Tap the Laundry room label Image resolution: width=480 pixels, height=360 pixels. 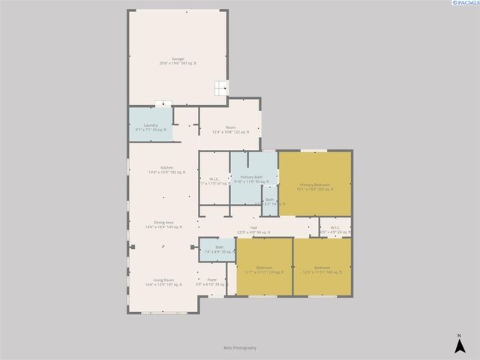tap(151, 127)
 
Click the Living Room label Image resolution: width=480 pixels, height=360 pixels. tap(163, 282)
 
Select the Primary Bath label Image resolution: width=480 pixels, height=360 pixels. tap(251, 178)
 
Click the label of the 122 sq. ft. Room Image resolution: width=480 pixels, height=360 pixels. tap(230, 129)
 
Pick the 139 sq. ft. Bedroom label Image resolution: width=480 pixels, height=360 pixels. tap(264, 270)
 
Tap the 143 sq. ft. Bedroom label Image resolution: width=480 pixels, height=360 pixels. tap(322, 270)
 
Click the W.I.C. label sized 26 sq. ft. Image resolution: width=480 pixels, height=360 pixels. tap(334, 229)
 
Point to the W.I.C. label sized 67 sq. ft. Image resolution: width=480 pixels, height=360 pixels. tap(214, 180)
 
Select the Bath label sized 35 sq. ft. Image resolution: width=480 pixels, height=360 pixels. tap(219, 249)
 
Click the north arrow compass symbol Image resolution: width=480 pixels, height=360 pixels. tap(459, 343)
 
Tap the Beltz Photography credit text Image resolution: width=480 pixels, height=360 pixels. tap(240, 348)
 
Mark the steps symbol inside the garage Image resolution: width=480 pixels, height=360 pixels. tap(219, 88)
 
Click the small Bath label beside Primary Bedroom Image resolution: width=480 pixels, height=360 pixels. tap(269, 201)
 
